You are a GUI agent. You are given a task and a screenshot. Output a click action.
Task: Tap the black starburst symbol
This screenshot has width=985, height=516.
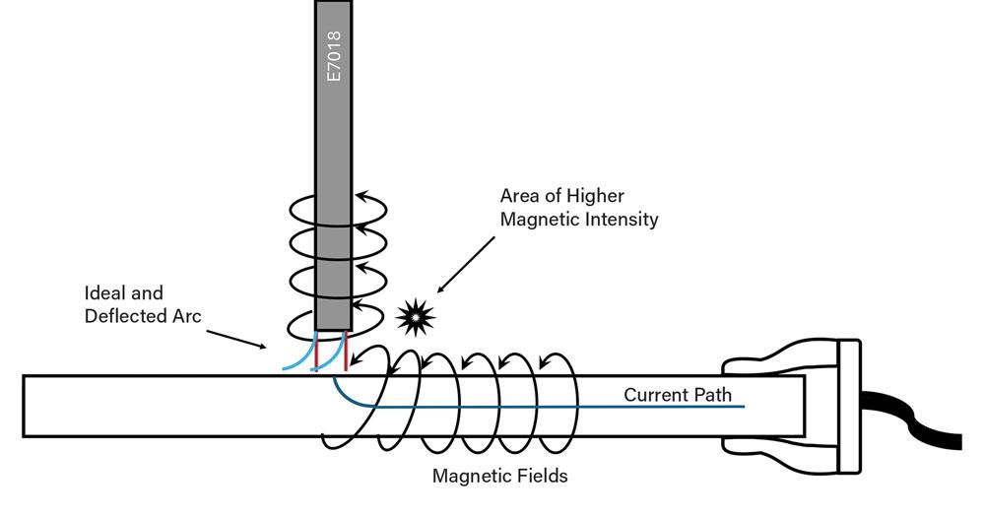point(415,317)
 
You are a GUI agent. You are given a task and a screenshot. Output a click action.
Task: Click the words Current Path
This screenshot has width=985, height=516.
point(677,395)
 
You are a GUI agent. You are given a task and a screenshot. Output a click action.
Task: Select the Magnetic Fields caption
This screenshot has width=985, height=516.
point(499,477)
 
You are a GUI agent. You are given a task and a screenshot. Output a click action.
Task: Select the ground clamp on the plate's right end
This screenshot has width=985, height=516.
point(788,394)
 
